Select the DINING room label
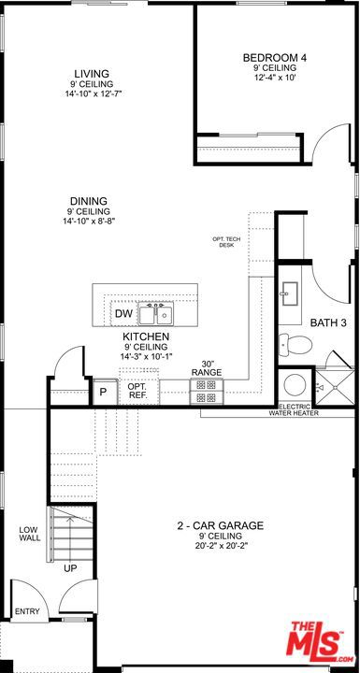click(x=88, y=201)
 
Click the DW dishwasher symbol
click(x=123, y=313)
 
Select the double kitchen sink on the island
click(x=155, y=312)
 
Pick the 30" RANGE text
click(x=206, y=369)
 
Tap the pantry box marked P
click(x=103, y=392)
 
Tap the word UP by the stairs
click(x=70, y=567)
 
